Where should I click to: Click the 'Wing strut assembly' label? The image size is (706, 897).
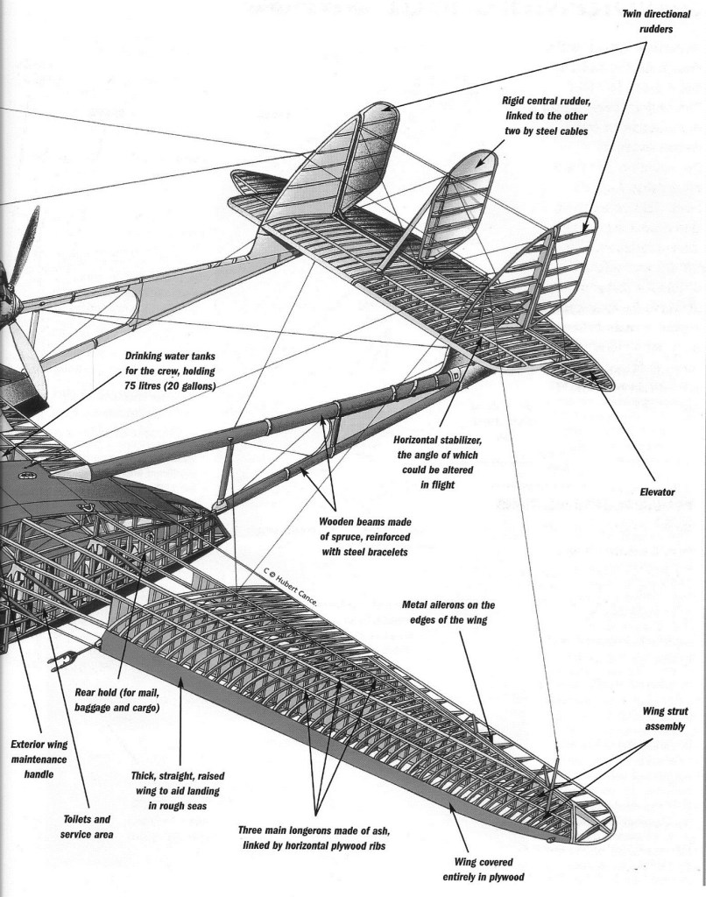664,719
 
